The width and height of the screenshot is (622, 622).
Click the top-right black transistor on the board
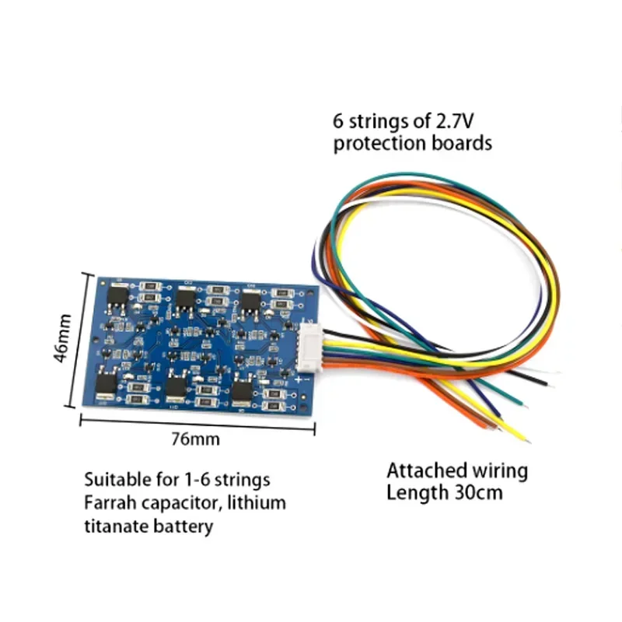point(250,303)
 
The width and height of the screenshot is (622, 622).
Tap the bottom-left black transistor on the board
point(108,384)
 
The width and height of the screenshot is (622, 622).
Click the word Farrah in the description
point(110,502)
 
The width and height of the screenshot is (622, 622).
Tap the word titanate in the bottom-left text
point(114,526)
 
